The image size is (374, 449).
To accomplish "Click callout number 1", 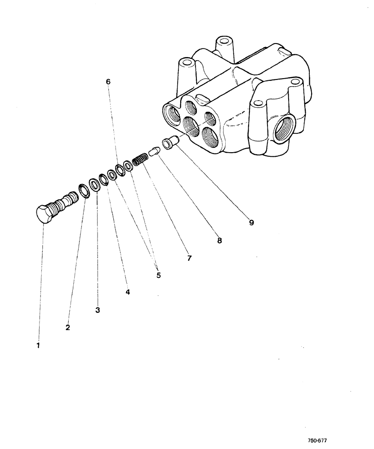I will coord(38,346).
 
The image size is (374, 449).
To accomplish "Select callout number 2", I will coord(67,327).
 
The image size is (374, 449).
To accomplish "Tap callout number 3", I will coord(98,310).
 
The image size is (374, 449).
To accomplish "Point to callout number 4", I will coord(128,292).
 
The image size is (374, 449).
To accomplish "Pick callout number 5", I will coord(158,275).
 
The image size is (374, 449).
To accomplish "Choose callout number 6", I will coord(108,82).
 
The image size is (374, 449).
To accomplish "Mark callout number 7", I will coord(189,258).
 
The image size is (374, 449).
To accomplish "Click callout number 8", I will coord(219,240).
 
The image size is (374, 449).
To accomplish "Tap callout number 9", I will coord(251,222).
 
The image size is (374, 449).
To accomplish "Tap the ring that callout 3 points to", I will coord(95,184).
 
